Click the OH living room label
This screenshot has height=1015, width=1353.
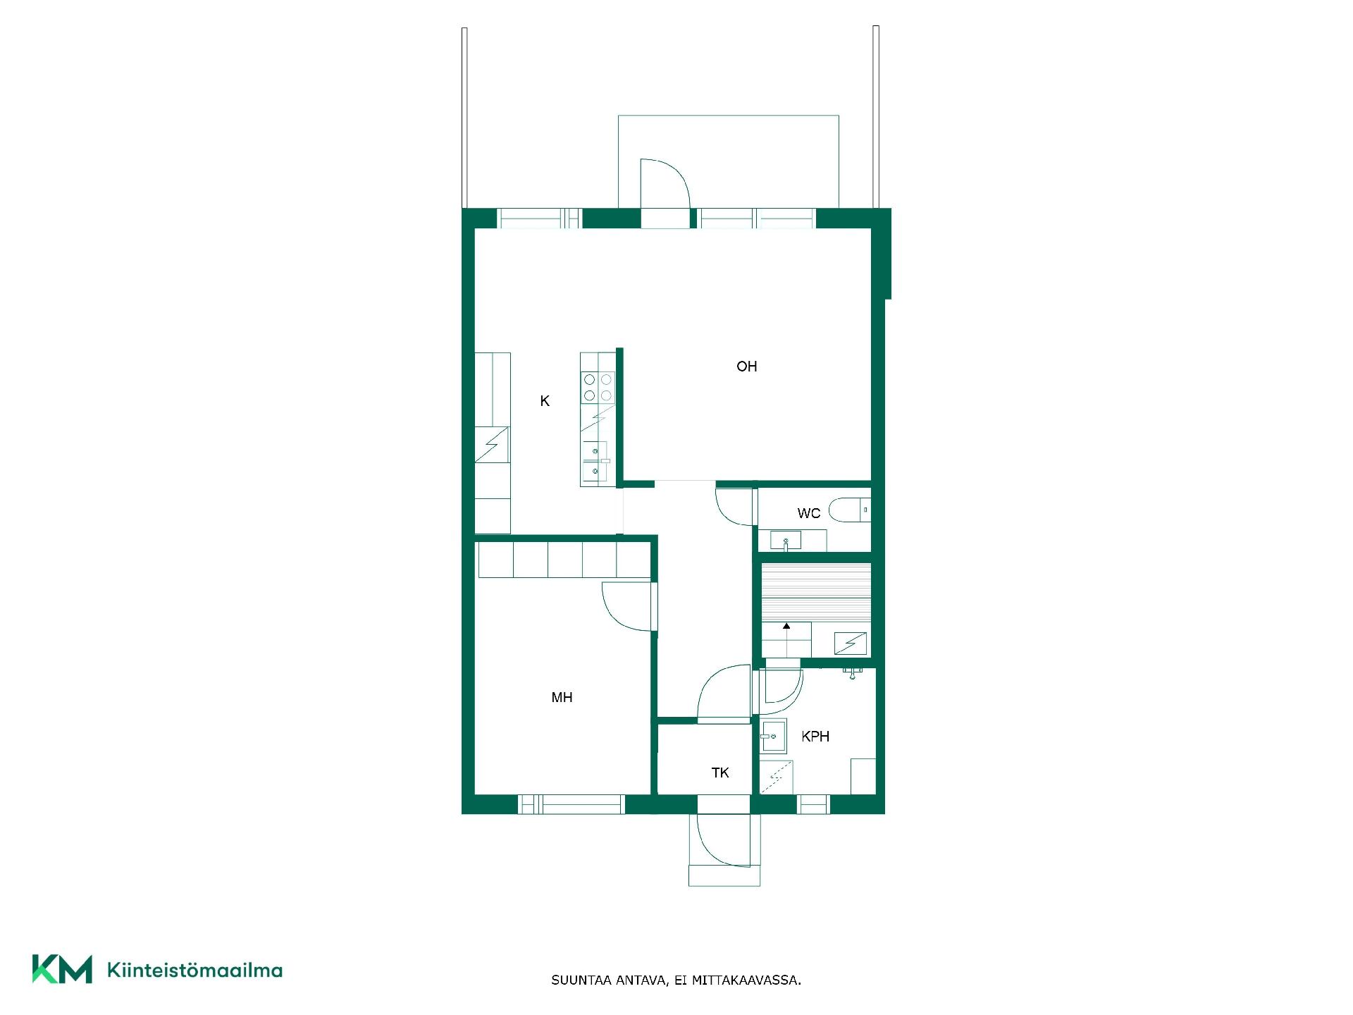click(x=746, y=367)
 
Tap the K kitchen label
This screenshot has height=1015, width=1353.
click(x=545, y=401)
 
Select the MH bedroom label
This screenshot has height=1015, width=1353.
click(x=562, y=698)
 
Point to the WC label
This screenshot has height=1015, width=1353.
click(x=809, y=513)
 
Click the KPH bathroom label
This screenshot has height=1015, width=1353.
click(x=815, y=737)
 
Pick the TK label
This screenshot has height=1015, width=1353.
click(x=720, y=773)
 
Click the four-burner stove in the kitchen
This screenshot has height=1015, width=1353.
click(x=598, y=388)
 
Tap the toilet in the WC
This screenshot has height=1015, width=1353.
click(x=850, y=510)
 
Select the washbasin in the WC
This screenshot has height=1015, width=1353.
click(x=786, y=541)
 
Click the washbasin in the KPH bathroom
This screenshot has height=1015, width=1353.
click(x=773, y=737)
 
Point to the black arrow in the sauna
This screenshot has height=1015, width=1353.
click(x=786, y=626)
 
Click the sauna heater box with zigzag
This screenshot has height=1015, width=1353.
click(x=851, y=644)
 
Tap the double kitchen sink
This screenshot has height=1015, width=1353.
click(x=595, y=462)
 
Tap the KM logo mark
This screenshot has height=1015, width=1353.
click(x=62, y=969)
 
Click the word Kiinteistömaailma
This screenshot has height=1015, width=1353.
click(x=194, y=970)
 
